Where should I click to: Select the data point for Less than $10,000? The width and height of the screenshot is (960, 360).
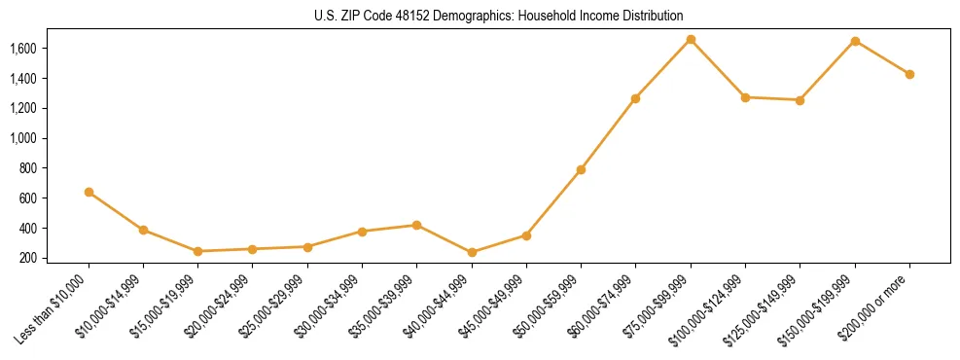point(89,193)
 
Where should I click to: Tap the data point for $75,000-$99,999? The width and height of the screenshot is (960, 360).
point(691,40)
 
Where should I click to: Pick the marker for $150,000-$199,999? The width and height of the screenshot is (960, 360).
point(855,41)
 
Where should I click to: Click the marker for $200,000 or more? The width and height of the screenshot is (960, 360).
point(909,74)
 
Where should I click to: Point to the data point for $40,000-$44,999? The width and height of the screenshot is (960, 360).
point(472,252)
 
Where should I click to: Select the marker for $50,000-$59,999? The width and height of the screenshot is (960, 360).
point(581,169)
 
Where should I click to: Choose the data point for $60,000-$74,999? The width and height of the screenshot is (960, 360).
point(635,98)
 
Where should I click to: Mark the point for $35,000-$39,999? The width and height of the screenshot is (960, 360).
point(416,225)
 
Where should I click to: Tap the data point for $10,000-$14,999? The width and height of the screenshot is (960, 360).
point(144,231)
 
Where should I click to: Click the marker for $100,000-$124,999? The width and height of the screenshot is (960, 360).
point(745,97)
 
